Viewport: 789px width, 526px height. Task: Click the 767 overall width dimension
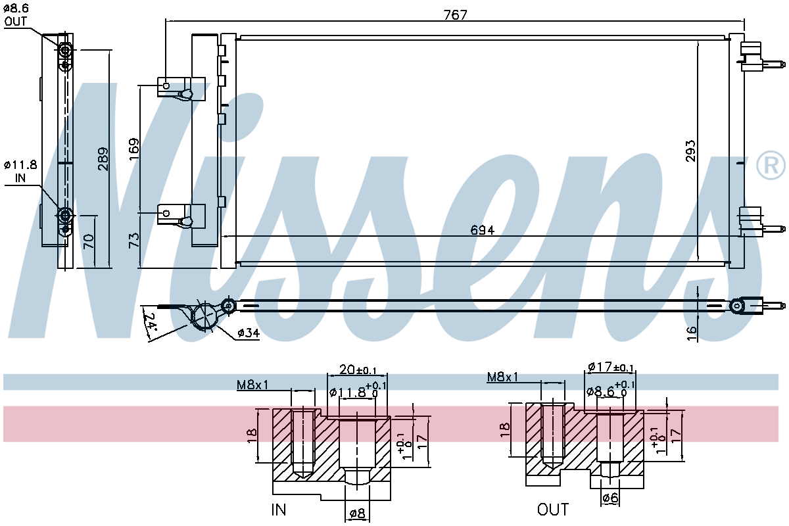pyautogui.click(x=455, y=14)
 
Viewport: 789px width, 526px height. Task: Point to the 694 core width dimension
pyautogui.click(x=482, y=230)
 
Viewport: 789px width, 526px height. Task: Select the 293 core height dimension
pyautogui.click(x=690, y=151)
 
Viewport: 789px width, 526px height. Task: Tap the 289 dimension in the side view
pyautogui.click(x=103, y=159)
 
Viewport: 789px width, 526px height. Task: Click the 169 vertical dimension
pyautogui.click(x=134, y=149)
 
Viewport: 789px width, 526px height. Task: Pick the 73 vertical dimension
pyautogui.click(x=134, y=240)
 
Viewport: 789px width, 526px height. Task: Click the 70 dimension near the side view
pyautogui.click(x=89, y=241)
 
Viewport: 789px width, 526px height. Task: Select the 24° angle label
pyautogui.click(x=150, y=321)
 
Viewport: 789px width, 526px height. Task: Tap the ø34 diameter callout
pyautogui.click(x=249, y=333)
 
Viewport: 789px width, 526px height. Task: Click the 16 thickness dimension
pyautogui.click(x=692, y=333)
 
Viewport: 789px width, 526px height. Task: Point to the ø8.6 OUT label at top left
pyautogui.click(x=16, y=15)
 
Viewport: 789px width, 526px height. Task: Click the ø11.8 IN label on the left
pyautogui.click(x=20, y=171)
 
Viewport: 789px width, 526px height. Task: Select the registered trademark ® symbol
pyautogui.click(x=771, y=166)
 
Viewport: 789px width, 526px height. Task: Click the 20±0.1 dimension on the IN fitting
pyautogui.click(x=358, y=370)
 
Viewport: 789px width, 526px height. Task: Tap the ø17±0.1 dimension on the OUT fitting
pyautogui.click(x=611, y=367)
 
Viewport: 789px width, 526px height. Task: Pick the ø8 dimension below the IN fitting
pyautogui.click(x=357, y=514)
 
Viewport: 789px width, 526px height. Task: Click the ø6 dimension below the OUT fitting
pyautogui.click(x=610, y=498)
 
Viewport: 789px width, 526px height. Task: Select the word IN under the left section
pyautogui.click(x=279, y=510)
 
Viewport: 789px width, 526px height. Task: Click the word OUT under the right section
pyautogui.click(x=553, y=509)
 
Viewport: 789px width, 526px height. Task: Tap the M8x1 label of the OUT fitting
pyautogui.click(x=502, y=377)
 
